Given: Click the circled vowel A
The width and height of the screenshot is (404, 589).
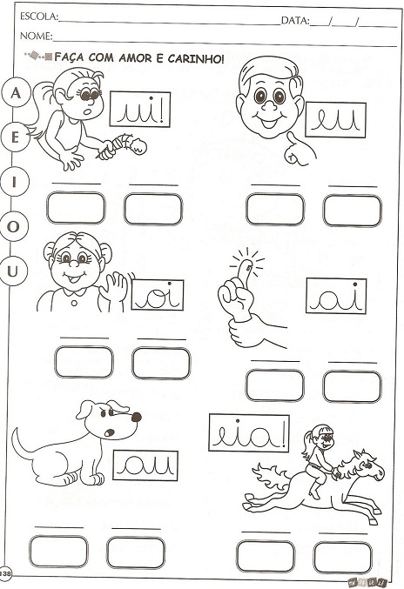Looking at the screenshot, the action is (15, 92).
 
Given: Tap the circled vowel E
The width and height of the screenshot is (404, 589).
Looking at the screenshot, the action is (14, 137).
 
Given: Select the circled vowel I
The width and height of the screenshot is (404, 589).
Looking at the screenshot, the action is (14, 183).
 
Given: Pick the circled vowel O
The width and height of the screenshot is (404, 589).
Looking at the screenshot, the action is (13, 227).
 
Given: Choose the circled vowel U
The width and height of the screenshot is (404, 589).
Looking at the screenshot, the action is (12, 271).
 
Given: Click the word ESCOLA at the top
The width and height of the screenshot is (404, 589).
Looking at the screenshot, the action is (38, 17).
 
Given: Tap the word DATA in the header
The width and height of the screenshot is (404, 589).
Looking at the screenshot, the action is (295, 20).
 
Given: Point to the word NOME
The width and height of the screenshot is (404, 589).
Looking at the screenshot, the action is (36, 36).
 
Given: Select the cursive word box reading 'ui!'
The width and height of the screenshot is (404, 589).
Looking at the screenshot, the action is (140, 110).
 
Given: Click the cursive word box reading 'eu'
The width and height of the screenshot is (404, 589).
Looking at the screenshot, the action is (335, 120).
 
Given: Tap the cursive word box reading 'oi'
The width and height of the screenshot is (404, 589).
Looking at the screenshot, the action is (158, 295).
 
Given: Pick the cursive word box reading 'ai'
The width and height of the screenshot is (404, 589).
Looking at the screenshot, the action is (336, 296).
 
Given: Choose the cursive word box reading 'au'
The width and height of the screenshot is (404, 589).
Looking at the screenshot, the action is (145, 465).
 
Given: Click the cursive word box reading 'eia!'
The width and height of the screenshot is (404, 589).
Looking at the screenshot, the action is (249, 432).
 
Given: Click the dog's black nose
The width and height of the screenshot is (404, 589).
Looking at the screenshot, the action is (136, 417).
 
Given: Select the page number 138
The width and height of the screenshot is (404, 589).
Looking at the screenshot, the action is (6, 573).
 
